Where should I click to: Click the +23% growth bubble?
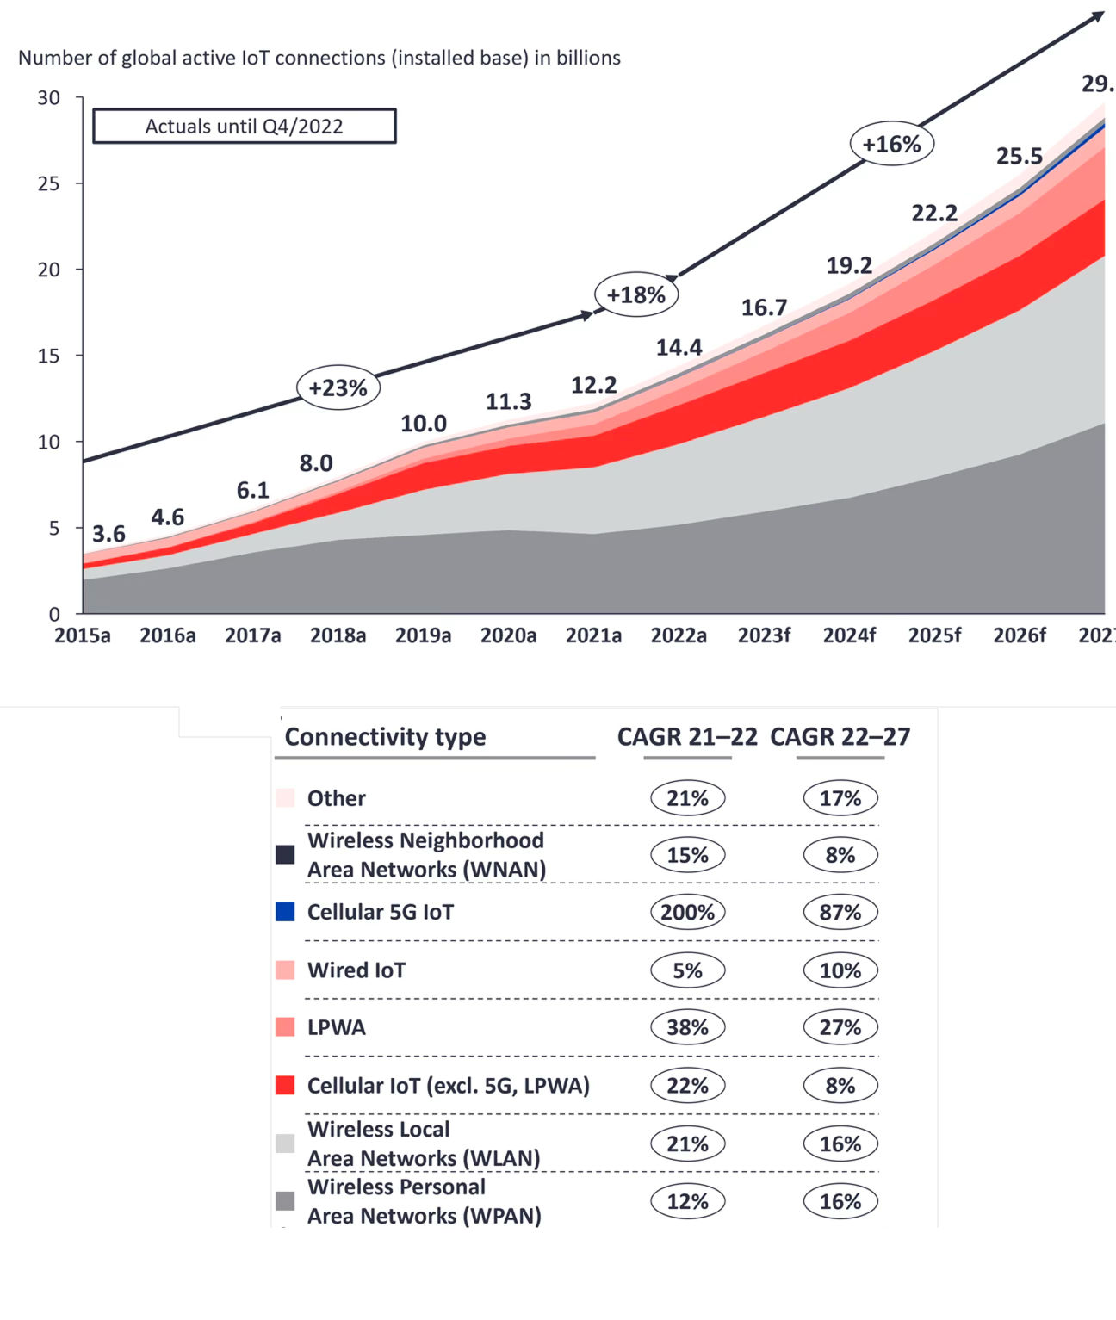(x=338, y=387)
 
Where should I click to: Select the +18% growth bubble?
(x=636, y=294)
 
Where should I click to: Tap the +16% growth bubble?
(x=892, y=144)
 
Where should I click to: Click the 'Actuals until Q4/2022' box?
(x=245, y=126)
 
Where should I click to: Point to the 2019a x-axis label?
(x=423, y=635)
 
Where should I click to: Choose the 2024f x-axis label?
(x=849, y=635)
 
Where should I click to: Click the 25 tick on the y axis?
(x=49, y=183)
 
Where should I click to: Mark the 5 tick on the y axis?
(x=54, y=528)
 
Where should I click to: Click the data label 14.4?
(x=679, y=347)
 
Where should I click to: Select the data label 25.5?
(x=1020, y=156)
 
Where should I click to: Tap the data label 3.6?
(x=109, y=534)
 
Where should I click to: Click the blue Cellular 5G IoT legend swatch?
(x=285, y=912)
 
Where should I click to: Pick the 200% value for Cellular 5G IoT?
(x=687, y=912)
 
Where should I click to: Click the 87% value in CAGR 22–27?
(x=840, y=912)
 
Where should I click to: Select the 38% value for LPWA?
(x=687, y=1027)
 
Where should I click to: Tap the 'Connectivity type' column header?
(x=385, y=737)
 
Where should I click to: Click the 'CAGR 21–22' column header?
(x=687, y=737)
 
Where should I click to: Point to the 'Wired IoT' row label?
(x=356, y=970)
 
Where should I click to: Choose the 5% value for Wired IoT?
(x=687, y=970)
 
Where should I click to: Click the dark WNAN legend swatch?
(x=285, y=854)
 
